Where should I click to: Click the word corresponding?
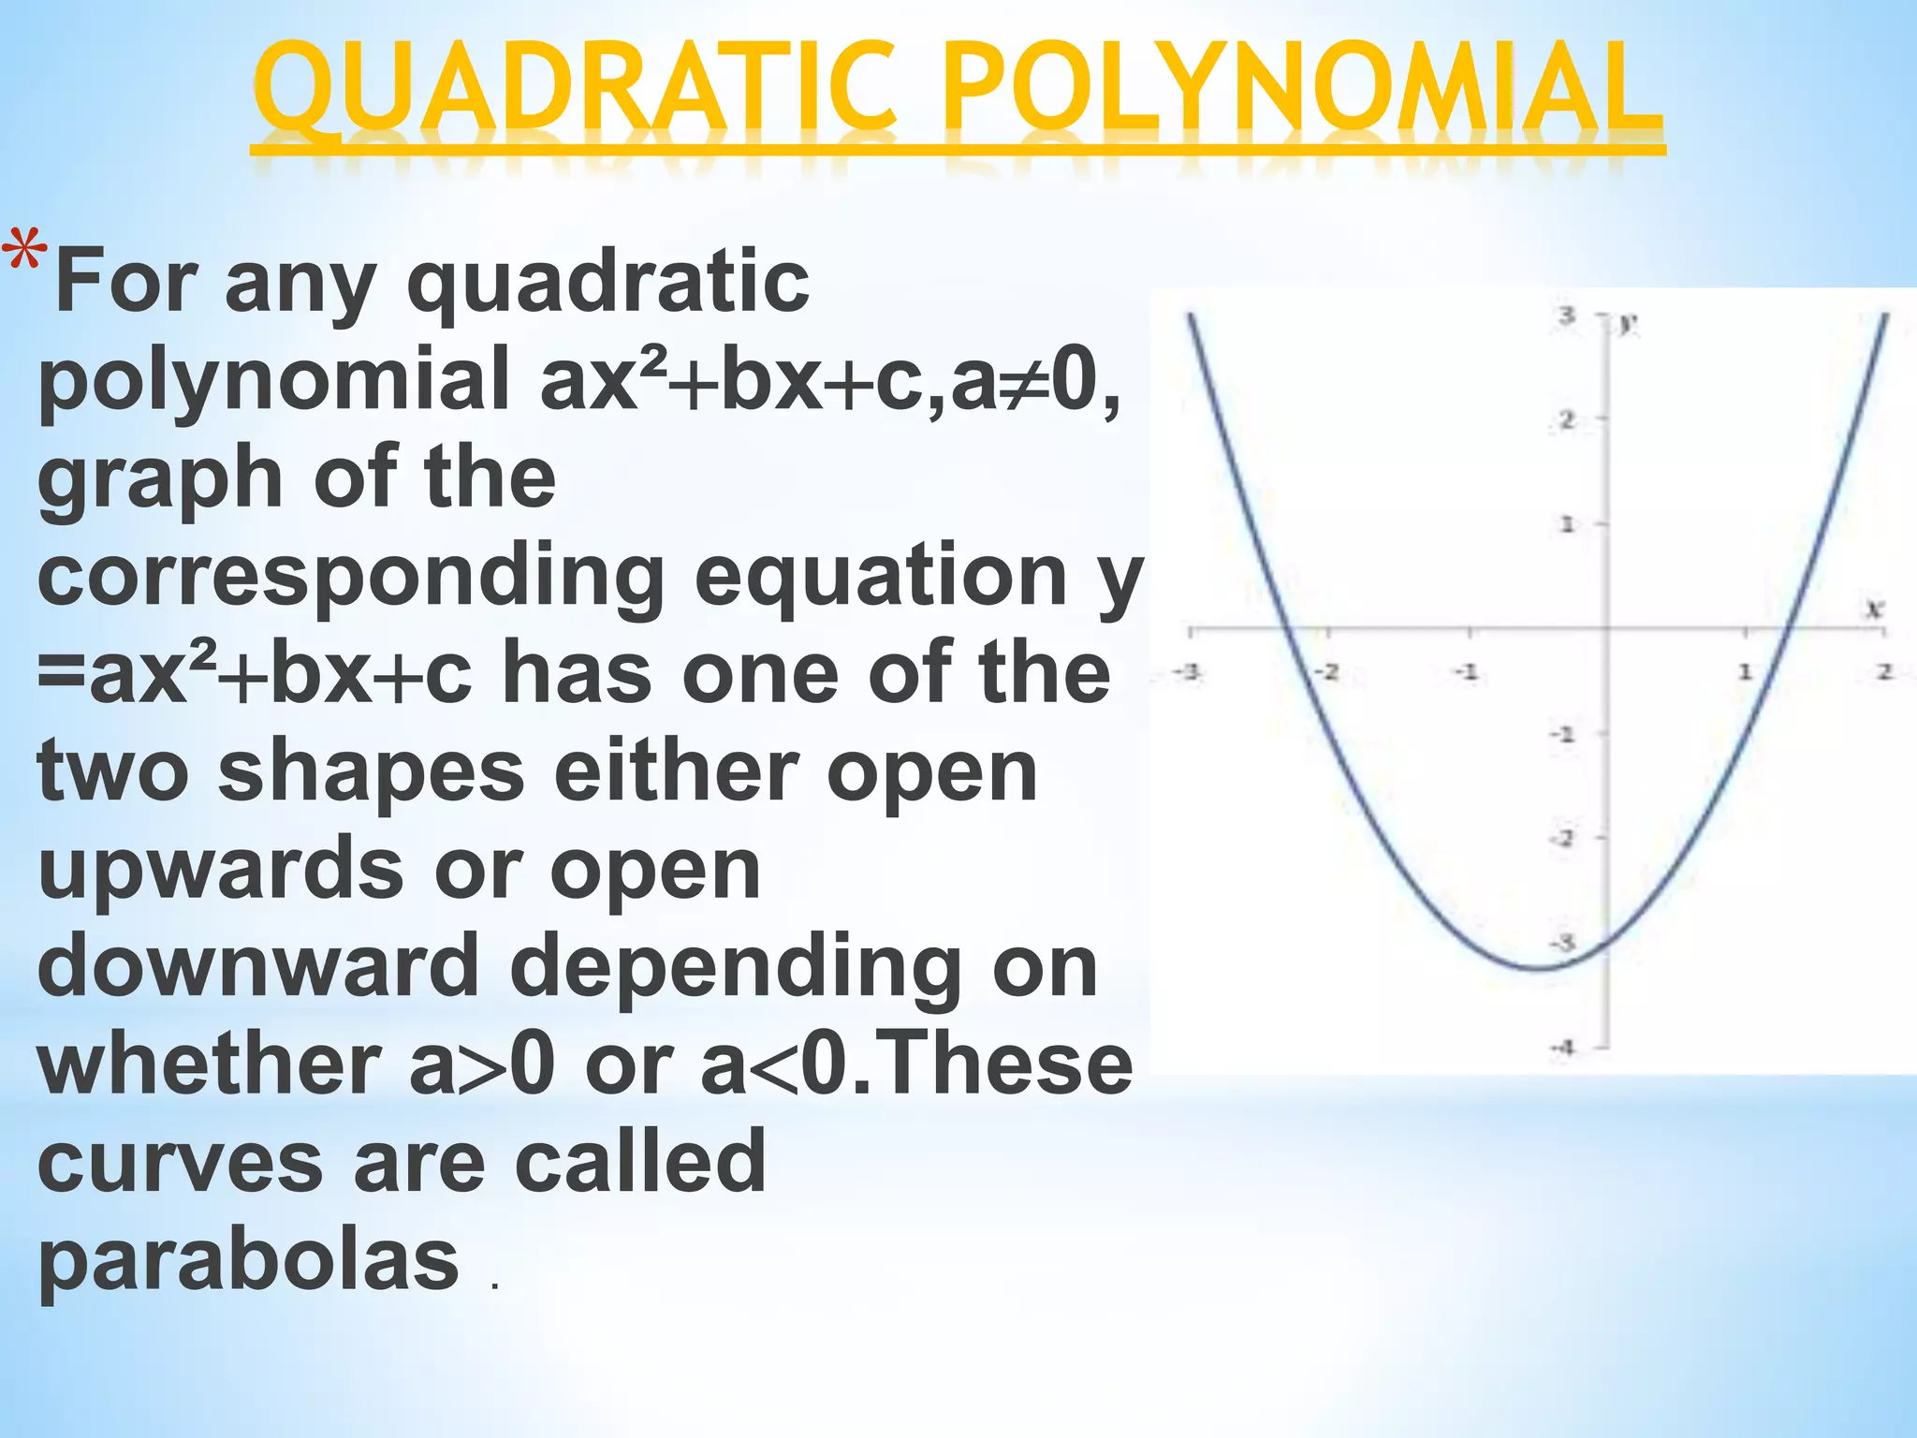click(x=351, y=578)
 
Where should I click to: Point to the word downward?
click(x=258, y=966)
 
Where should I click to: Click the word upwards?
click(x=221, y=869)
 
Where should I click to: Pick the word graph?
click(x=160, y=479)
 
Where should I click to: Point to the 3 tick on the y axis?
click(x=1567, y=315)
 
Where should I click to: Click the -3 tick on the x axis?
click(x=1187, y=671)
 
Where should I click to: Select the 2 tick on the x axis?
click(x=1884, y=671)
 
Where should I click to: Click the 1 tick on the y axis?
click(x=1567, y=524)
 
